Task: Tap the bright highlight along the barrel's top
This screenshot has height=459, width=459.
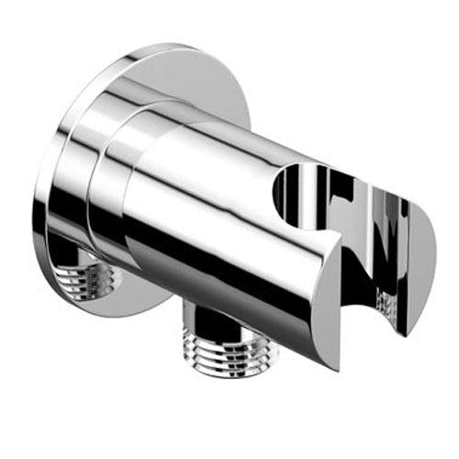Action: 229,147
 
